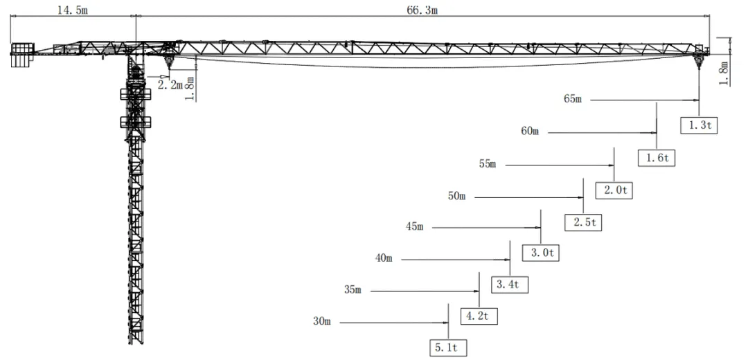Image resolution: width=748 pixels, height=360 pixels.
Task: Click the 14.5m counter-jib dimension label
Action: coord(73,10)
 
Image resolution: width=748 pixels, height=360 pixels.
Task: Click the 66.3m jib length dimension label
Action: coord(422,10)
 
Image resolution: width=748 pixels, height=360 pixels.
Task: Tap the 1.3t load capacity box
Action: coord(699,125)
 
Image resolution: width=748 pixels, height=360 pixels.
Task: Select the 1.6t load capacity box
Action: coord(657,158)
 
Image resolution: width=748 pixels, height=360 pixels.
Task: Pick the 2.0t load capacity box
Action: coord(614,190)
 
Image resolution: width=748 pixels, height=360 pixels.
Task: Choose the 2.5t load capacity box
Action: coord(583,223)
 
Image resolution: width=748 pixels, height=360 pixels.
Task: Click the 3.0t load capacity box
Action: coord(542,253)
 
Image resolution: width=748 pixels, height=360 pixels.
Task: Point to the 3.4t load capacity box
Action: coord(510,285)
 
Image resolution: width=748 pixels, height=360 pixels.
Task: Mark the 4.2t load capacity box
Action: coord(479,316)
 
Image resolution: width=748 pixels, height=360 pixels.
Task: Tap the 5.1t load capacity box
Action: coord(448,348)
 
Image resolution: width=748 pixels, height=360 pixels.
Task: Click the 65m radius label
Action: coord(573,100)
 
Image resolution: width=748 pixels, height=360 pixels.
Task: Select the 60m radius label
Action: coord(530,132)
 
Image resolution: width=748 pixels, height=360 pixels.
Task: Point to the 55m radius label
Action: coord(488,165)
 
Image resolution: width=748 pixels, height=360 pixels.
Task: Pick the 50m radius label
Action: coord(456,197)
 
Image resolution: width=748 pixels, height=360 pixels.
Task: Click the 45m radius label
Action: coord(415,227)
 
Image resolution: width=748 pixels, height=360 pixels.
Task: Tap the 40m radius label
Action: coord(384,259)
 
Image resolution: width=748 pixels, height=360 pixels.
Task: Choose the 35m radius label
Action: coord(353,290)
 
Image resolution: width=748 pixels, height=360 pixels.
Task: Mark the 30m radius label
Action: coord(322,322)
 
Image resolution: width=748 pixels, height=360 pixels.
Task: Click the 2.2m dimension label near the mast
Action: coord(170,86)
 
